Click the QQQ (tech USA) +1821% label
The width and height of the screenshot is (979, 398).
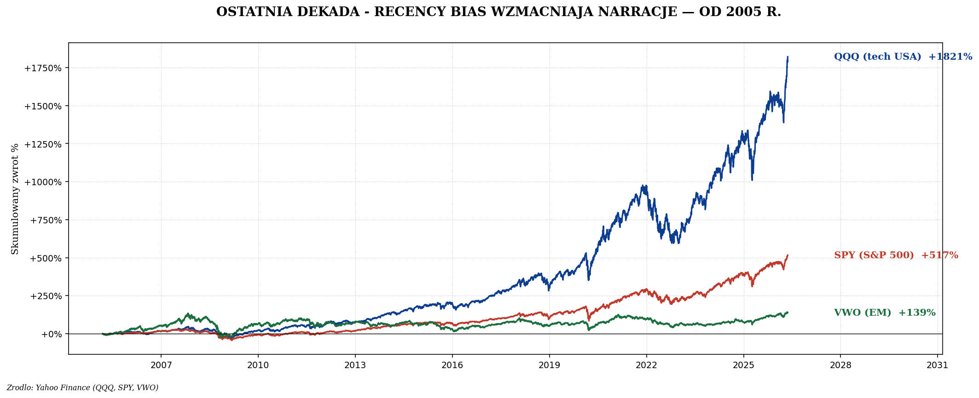903,57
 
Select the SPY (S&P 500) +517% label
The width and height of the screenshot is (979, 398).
896,256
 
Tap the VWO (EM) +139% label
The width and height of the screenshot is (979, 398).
885,313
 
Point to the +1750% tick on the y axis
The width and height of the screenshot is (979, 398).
43,68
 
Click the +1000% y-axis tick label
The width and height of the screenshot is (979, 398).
43,182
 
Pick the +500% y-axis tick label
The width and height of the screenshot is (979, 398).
46,258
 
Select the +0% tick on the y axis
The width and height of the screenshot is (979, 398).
51,334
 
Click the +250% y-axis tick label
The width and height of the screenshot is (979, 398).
46,296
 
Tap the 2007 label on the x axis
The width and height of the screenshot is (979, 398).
161,365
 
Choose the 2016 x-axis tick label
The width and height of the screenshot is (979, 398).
452,365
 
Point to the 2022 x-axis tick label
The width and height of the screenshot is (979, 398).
646,365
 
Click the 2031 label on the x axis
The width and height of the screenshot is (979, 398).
937,365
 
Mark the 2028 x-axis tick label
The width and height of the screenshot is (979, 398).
840,365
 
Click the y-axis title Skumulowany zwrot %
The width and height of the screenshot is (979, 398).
15,199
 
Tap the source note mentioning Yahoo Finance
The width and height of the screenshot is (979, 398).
82,388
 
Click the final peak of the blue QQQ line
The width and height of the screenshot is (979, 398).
788,57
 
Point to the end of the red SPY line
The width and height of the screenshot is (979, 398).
788,255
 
